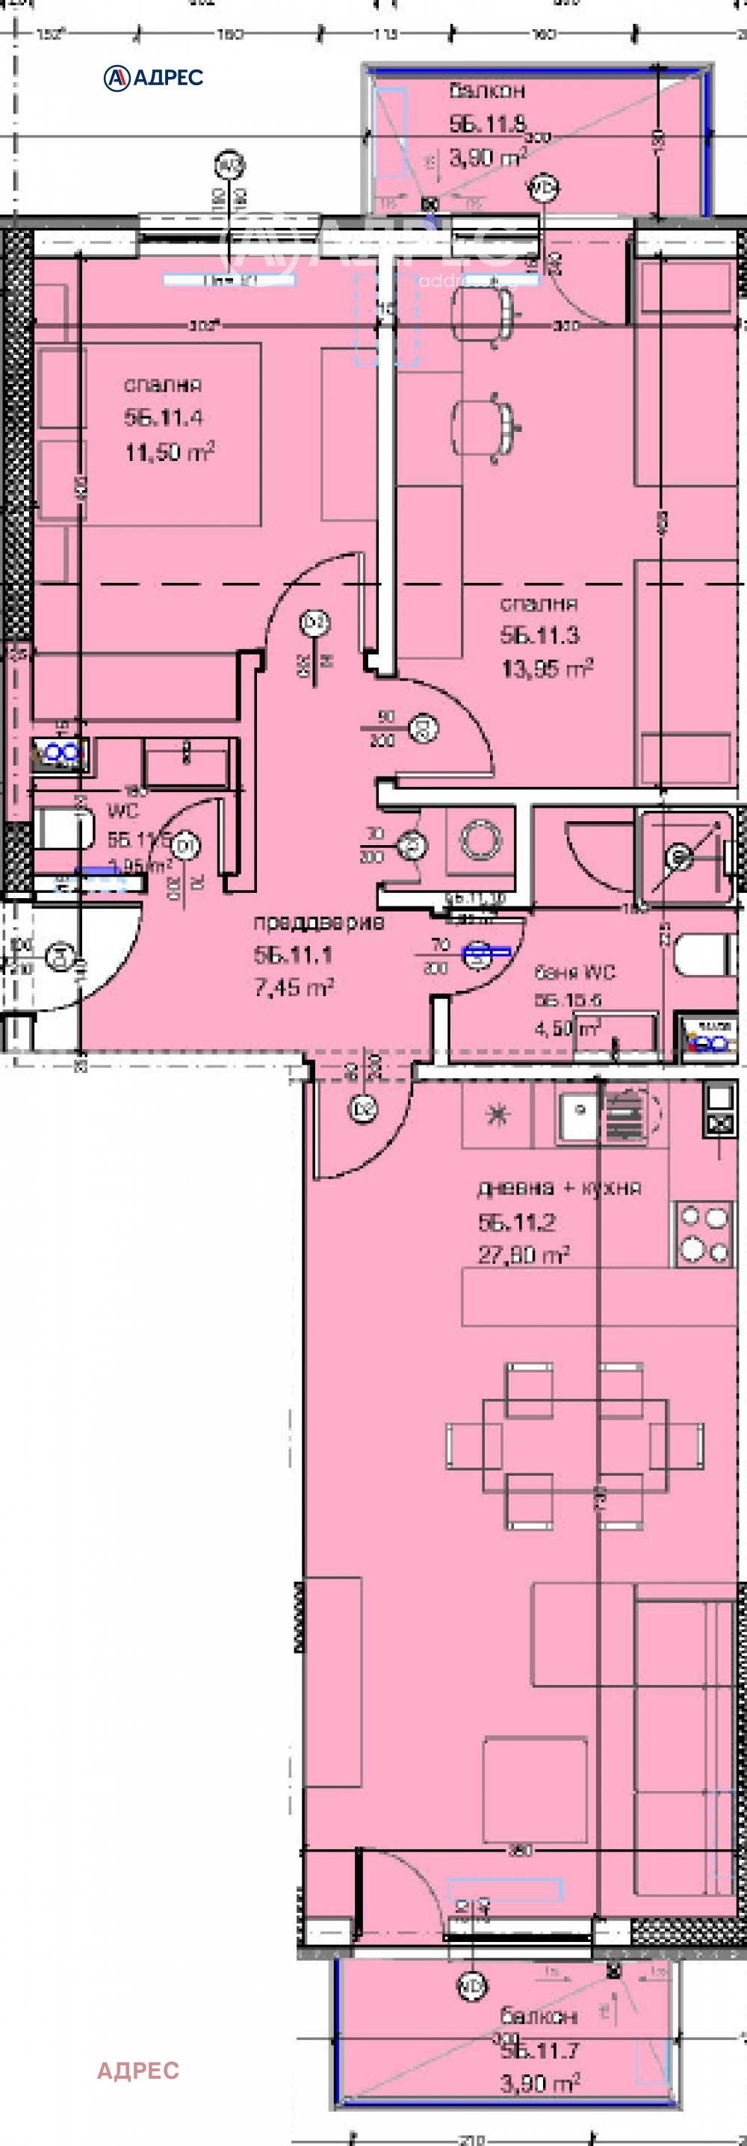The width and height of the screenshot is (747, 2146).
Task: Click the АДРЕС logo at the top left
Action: [x=153, y=78]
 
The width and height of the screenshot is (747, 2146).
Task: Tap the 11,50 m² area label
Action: [x=170, y=452]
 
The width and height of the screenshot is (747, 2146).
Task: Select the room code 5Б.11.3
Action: [x=539, y=636]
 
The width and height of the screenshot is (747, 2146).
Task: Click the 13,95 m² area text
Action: [x=546, y=668]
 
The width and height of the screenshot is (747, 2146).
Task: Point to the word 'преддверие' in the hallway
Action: [x=319, y=922]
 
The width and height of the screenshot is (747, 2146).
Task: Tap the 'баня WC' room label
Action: [x=574, y=972]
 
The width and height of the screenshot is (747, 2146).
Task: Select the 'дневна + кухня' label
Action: [x=559, y=1188]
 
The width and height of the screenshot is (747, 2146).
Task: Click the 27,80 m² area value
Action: [x=523, y=1255]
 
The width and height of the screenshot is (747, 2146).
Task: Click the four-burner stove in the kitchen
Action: [x=704, y=1233]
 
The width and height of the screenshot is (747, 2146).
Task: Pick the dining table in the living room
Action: [x=574, y=1445]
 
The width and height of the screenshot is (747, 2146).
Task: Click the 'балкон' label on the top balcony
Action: [x=487, y=90]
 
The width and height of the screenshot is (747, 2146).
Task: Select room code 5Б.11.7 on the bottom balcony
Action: [x=539, y=2050]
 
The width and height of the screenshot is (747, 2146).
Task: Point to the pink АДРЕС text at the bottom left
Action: [x=138, y=2071]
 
